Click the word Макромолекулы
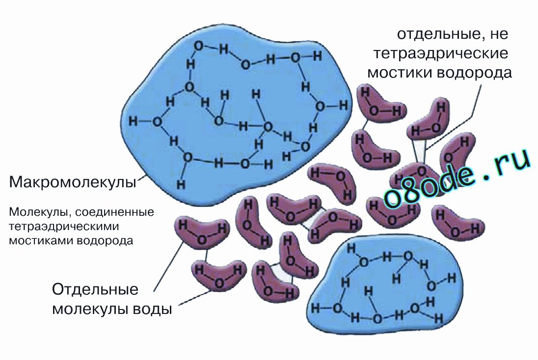[73, 182]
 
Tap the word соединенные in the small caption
[114, 212]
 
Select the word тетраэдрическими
[64, 227]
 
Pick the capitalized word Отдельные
[95, 290]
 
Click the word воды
[152, 309]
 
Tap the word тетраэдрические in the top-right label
[441, 54]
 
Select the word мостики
[401, 73]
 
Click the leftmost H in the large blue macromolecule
[133, 121]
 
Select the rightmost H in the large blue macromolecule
[344, 105]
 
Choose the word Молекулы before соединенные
[40, 212]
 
